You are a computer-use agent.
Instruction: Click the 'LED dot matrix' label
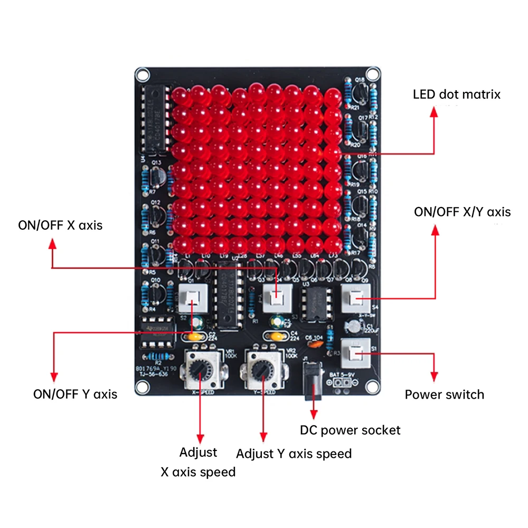[456, 95]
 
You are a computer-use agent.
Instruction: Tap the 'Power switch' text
[444, 394]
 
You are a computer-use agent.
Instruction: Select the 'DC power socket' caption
[350, 430]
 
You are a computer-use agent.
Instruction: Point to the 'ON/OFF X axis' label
[60, 225]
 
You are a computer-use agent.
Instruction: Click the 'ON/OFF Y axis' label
[75, 394]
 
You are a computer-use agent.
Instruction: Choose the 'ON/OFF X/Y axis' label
[462, 212]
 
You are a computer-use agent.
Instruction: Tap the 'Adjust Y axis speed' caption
[294, 454]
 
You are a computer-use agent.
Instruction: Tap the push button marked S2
[192, 300]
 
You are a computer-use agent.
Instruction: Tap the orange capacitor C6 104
[316, 344]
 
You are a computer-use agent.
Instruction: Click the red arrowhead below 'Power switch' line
[434, 376]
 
